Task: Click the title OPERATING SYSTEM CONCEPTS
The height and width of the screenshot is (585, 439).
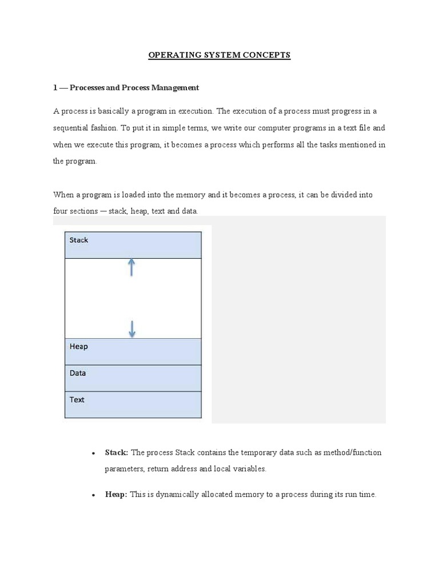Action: pos(219,55)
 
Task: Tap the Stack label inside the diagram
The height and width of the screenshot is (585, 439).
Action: pos(79,240)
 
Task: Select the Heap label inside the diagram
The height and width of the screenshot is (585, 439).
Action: pos(79,346)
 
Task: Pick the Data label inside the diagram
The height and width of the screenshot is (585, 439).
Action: pos(78,373)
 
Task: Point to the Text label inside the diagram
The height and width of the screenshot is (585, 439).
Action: pos(77,399)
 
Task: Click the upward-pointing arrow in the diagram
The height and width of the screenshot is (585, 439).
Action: pos(132,267)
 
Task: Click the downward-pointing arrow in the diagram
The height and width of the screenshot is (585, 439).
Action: pos(132,328)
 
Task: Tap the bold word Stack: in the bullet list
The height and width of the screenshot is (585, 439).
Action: pos(117,452)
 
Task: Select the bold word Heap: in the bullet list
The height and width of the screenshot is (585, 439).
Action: pos(116,495)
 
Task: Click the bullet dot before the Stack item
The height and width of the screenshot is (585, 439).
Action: pos(93,454)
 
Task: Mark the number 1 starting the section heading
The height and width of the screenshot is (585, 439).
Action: pos(55,87)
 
